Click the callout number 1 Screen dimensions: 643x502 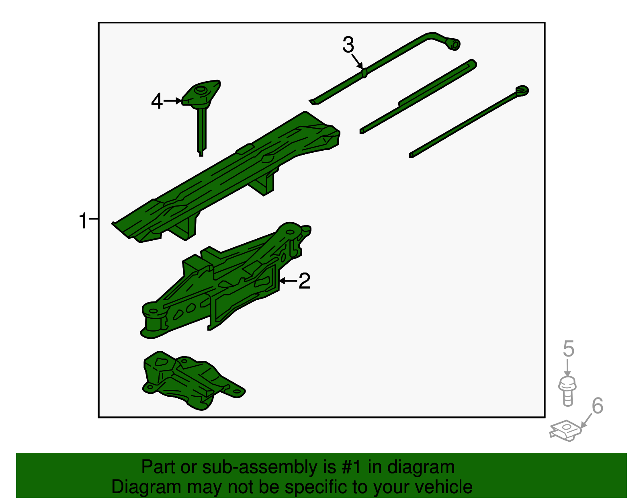[x=83, y=220]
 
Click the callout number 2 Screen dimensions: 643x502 [x=305, y=281]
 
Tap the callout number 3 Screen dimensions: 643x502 [x=348, y=45]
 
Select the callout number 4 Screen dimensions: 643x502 [x=157, y=101]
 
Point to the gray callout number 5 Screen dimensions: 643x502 [x=568, y=348]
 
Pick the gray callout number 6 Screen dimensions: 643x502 [x=598, y=406]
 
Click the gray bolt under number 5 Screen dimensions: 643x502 [x=567, y=391]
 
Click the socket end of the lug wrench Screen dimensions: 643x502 [x=453, y=45]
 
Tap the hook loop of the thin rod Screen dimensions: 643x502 [x=522, y=90]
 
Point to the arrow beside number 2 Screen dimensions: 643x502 [x=289, y=281]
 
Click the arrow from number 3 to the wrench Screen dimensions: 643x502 [x=357, y=61]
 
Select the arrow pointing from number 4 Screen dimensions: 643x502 [x=173, y=101]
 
